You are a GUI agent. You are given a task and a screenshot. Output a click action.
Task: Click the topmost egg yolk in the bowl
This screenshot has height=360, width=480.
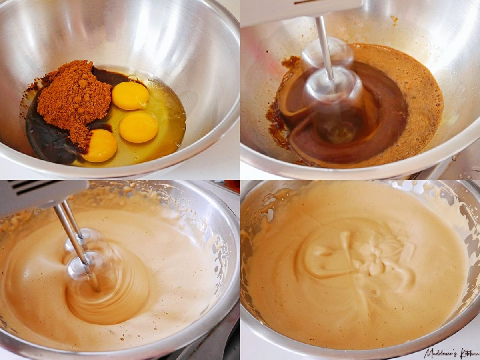click(130, 96)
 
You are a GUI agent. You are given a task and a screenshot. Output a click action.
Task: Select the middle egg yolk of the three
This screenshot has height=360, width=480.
click(139, 127)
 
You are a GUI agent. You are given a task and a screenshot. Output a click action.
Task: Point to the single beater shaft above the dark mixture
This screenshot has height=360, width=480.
click(324, 48)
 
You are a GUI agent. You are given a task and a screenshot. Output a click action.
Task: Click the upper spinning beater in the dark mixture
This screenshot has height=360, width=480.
click(328, 55)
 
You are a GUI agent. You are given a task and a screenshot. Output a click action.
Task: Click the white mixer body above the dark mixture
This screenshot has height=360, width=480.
click(300, 11)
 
